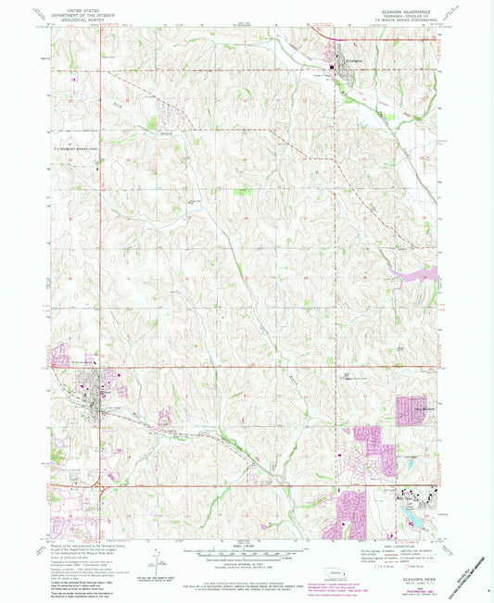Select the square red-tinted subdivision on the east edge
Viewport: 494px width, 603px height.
click(411, 408)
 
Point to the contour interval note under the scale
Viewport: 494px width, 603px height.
click(245, 568)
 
